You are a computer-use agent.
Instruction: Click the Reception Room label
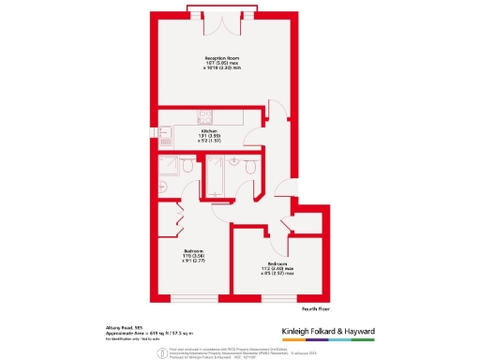point(217,59)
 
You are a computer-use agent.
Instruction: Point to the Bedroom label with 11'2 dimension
point(277,264)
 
